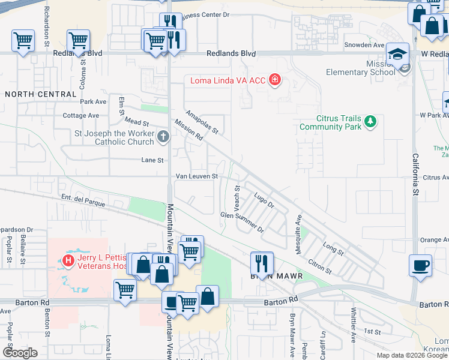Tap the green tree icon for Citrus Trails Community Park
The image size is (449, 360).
(370, 122)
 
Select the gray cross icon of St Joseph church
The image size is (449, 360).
(162, 137)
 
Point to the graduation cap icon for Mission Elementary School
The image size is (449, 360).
(397, 55)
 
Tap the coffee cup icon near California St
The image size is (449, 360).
(420, 265)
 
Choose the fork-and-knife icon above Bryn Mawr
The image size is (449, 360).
(262, 262)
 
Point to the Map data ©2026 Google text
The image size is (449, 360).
(412, 355)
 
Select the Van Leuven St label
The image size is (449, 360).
(196, 176)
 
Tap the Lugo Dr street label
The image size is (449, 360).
(264, 200)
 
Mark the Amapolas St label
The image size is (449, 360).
(202, 122)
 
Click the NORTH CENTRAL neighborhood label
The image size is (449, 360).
(40, 94)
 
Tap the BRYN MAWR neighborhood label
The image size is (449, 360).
(275, 277)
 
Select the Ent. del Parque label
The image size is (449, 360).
(83, 200)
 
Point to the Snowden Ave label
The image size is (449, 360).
(364, 45)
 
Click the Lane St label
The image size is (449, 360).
(152, 160)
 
